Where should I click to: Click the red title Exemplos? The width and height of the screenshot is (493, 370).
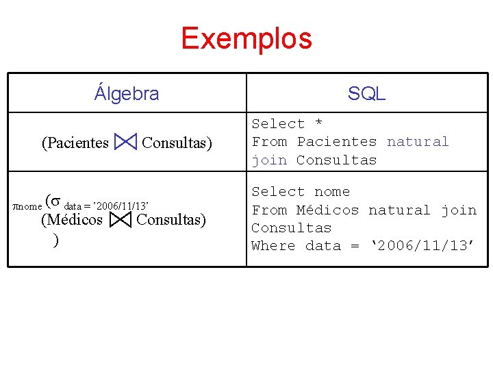246,38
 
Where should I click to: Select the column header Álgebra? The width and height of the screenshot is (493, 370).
127,93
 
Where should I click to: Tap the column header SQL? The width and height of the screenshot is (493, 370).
366,94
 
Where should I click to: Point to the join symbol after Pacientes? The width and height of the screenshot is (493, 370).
125,143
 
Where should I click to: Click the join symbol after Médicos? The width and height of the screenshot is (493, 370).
120,220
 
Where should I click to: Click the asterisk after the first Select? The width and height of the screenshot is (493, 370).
318,124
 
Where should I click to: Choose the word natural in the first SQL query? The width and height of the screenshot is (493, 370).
418,142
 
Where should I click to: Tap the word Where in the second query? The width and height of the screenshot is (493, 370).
273,246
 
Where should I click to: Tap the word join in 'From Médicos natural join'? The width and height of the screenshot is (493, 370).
458,210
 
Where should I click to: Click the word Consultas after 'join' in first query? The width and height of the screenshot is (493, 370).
336,160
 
